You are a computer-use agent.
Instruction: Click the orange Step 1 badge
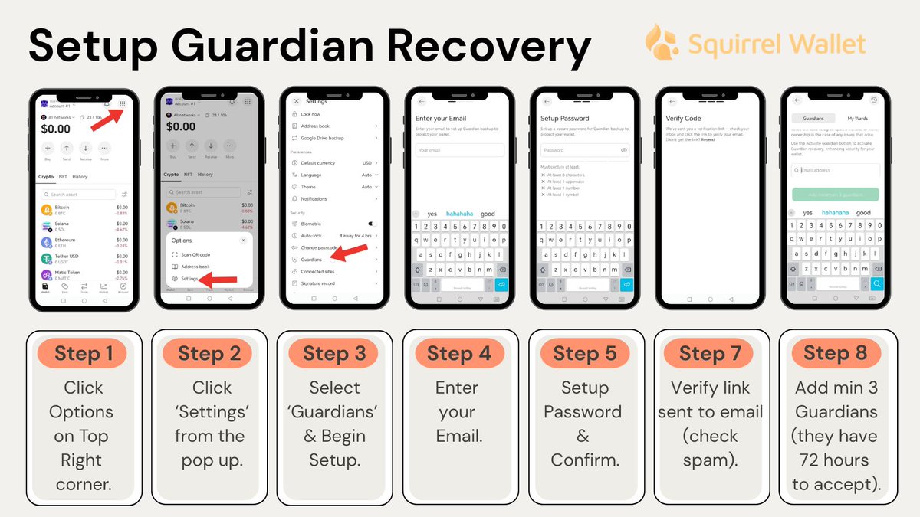click(84, 353)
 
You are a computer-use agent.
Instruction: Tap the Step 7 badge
click(709, 353)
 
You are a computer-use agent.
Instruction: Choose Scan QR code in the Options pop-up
click(195, 254)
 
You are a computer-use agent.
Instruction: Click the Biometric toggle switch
click(372, 224)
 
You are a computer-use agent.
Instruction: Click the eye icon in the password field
click(624, 150)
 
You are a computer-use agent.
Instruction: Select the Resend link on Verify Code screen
click(708, 139)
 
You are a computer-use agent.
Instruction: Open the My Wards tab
click(857, 119)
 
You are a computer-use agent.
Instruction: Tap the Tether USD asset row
click(84, 258)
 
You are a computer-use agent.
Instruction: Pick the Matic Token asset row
click(84, 275)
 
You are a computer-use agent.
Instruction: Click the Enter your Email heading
click(440, 119)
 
